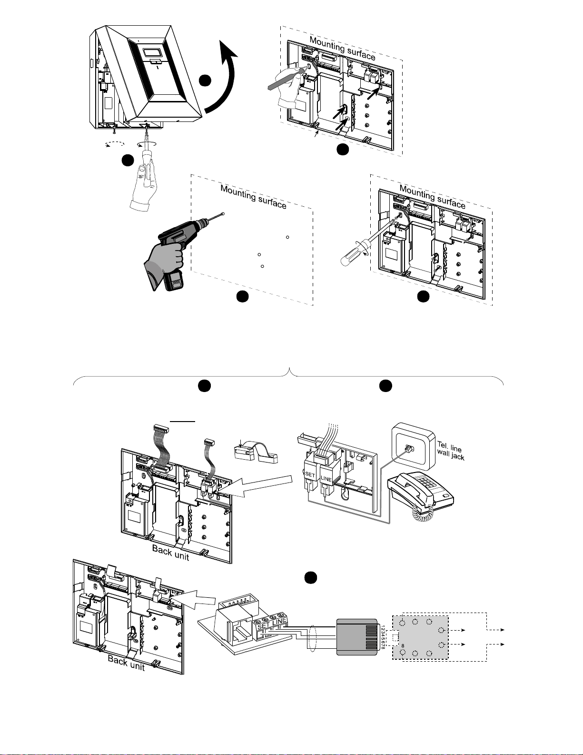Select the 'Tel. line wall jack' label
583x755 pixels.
(450, 451)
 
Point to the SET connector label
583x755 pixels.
(309, 474)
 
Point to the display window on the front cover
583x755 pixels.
(150, 52)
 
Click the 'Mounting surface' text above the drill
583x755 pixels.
(253, 197)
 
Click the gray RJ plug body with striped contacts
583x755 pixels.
(357, 637)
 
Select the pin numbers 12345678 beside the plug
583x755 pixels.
(383, 637)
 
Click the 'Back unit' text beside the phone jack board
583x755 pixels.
(126, 662)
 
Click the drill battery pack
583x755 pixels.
(174, 281)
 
